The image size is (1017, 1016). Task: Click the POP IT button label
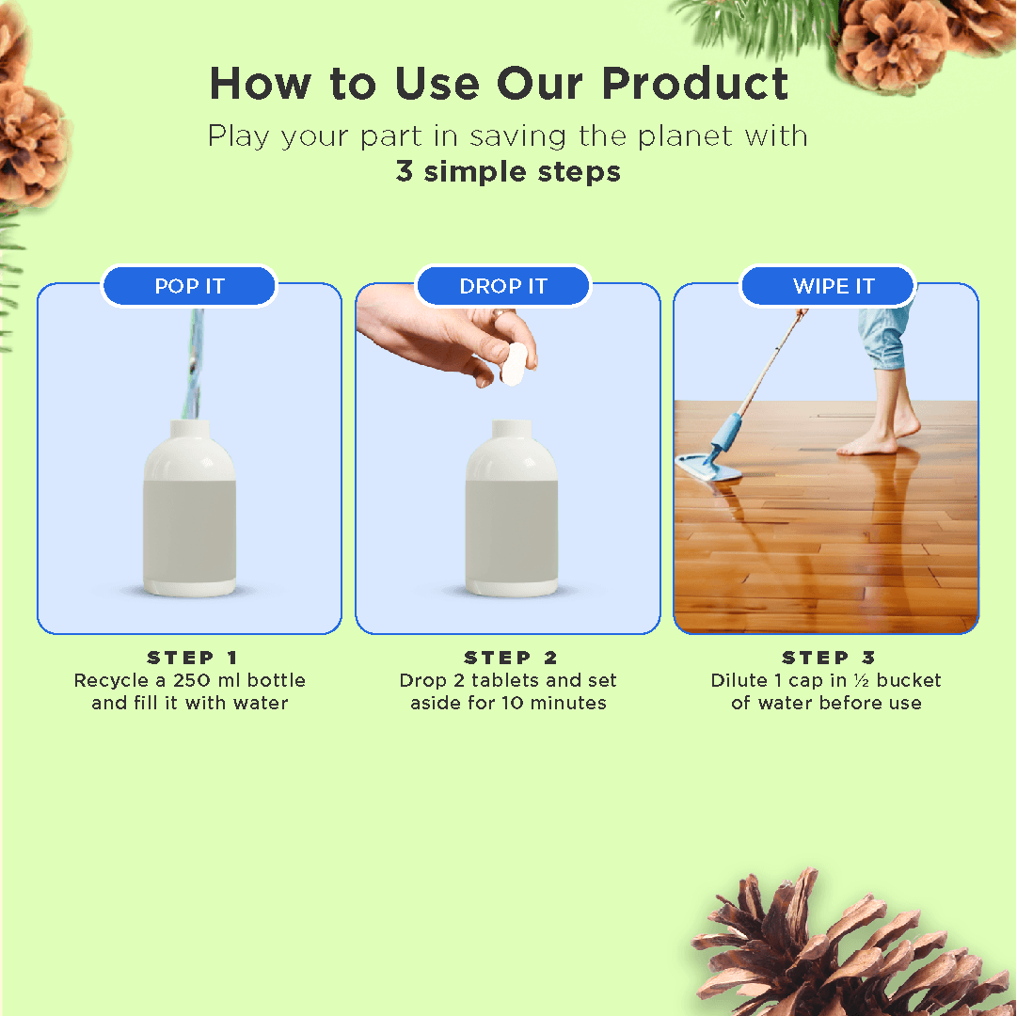pos(189,287)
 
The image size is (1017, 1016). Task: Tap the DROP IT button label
pos(503,287)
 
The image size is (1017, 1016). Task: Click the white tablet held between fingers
pos(514,363)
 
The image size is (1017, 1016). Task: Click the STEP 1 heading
pos(193,658)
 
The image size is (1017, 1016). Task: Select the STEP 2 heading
pos(511,658)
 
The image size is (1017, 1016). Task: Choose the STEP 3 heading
pos(829,658)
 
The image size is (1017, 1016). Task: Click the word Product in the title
pos(694,84)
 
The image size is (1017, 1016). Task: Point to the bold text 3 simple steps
pos(508,172)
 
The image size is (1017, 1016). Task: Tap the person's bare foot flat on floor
pos(867,443)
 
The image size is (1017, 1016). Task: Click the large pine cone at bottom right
pos(847,950)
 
